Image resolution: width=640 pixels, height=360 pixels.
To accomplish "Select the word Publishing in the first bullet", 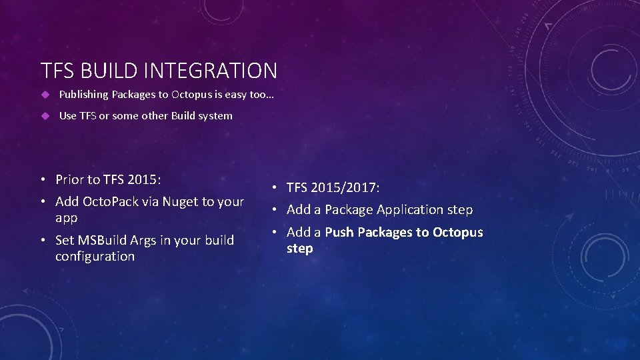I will pos(83,95).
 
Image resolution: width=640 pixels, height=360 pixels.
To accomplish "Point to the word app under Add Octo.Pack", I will pos(67,218).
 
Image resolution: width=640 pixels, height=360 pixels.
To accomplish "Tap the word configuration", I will pos(95,257).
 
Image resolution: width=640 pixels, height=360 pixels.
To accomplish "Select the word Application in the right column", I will pos(409,210).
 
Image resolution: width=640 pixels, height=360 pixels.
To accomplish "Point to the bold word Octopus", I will pos(457,233).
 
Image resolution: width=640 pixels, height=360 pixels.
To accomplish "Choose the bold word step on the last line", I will pos(299,249).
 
